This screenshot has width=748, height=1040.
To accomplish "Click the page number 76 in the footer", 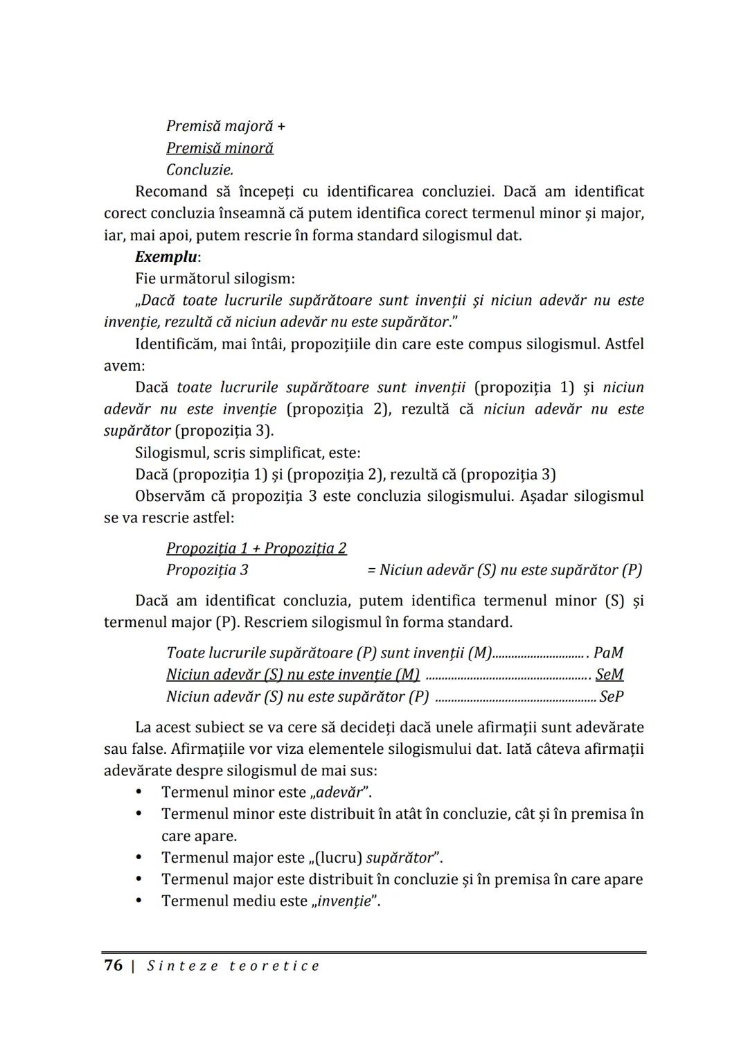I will [x=113, y=965].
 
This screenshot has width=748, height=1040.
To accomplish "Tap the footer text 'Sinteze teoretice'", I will [x=233, y=966].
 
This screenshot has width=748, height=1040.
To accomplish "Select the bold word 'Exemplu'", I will [x=166, y=256].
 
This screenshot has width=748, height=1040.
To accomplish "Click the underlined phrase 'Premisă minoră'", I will [x=220, y=148].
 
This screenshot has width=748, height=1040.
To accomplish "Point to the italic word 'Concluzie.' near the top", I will [x=199, y=170].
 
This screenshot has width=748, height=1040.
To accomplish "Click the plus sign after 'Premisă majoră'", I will [x=280, y=126].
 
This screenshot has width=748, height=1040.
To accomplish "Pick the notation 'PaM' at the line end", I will [x=609, y=653].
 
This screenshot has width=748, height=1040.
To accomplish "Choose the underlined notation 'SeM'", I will [x=609, y=674].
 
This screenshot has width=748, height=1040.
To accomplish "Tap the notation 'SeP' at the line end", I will [x=612, y=696].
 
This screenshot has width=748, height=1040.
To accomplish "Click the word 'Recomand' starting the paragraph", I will [x=171, y=191].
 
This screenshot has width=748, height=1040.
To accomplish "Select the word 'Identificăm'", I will [x=174, y=344].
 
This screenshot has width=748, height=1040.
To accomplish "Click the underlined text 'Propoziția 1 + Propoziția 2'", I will [x=256, y=548].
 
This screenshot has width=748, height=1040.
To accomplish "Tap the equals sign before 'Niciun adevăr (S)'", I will [x=371, y=570].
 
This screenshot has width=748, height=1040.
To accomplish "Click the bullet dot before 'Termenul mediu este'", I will [x=139, y=901].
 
